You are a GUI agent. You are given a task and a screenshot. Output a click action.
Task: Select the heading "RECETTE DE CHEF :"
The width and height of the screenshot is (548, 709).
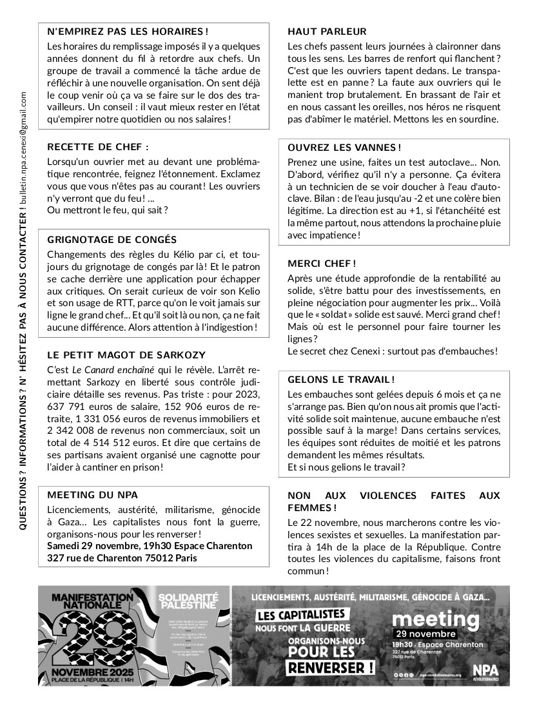tap(98, 146)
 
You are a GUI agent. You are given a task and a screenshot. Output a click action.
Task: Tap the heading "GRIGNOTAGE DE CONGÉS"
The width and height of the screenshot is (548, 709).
tap(112, 239)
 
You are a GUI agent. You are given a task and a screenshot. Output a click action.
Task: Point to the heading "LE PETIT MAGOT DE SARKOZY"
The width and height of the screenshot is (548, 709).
tap(126, 354)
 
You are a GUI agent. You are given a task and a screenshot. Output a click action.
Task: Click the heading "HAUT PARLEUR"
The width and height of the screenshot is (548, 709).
tap(327, 31)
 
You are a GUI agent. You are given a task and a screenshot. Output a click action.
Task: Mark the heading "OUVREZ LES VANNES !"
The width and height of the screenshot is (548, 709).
tap(344, 148)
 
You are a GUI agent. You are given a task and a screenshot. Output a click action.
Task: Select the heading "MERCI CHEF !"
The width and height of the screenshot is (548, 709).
tap(322, 264)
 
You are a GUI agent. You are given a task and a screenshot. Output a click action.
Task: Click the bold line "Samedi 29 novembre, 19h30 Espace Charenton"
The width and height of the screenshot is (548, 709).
tap(150, 546)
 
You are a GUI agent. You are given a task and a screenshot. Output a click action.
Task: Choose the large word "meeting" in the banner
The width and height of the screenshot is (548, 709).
tap(436, 619)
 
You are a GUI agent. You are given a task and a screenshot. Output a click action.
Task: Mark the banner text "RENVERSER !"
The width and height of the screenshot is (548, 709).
tap(331, 666)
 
